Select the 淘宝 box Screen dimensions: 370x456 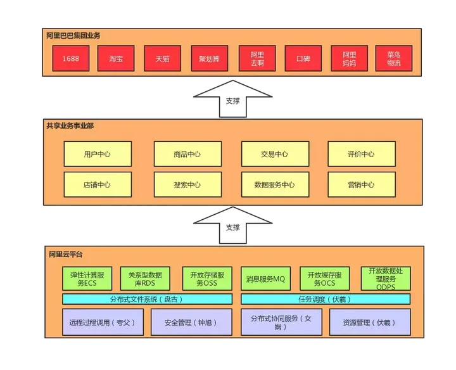tap(116, 60)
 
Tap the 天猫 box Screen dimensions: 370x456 tap(163, 60)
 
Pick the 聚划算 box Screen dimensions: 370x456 tap(210, 60)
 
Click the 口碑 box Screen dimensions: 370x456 tap(303, 60)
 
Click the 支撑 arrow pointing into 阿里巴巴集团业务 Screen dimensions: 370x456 tap(232, 99)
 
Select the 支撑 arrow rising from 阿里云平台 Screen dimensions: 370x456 tap(232, 226)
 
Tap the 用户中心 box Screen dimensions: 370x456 tap(98, 154)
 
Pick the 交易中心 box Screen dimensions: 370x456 tap(274, 154)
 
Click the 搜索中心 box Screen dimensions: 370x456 tap(187, 185)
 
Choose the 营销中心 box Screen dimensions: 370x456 tap(361, 185)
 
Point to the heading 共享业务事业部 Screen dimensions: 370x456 tap(70, 126)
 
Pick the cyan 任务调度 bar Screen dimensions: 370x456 tap(325, 299)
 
